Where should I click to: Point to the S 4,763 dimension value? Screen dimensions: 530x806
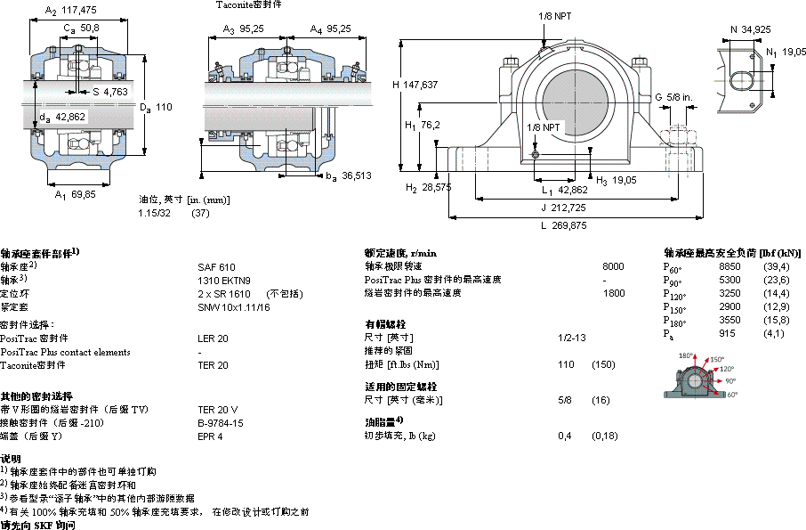pos(110,91)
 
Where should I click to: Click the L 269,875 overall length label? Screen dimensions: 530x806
pos(563,225)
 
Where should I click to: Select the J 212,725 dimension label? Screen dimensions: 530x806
pos(563,207)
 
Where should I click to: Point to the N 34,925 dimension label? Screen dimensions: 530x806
pos(748,29)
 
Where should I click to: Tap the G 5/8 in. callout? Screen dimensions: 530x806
pos(673,96)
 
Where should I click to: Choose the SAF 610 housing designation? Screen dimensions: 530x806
pos(216,266)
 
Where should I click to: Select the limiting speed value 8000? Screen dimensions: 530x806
pos(613,266)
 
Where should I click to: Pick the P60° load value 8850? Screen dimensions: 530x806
pos(729,266)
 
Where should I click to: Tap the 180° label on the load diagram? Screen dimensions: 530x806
pos(686,355)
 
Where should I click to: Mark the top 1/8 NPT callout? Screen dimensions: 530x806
pos(554,16)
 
